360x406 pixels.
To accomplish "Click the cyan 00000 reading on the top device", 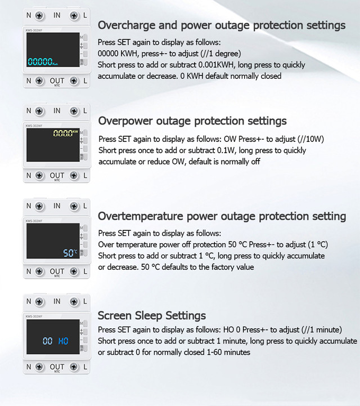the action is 40,61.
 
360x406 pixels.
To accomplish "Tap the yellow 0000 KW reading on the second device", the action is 65,133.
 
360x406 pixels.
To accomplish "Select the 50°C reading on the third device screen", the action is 70,253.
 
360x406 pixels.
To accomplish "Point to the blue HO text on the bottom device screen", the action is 64,341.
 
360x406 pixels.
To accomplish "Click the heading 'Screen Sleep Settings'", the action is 152,316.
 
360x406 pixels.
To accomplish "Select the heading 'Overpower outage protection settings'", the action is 192,121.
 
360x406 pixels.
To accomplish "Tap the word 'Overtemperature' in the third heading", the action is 141,216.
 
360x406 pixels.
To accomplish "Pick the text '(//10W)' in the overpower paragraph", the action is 310,139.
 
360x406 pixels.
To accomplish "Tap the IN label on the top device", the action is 57,16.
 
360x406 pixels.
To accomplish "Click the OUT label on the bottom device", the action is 57,367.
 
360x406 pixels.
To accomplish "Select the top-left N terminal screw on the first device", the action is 39,16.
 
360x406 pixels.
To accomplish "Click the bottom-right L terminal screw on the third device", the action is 74,271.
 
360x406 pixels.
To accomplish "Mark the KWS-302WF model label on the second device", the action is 34,126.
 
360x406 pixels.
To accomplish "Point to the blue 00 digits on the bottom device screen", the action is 48,341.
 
